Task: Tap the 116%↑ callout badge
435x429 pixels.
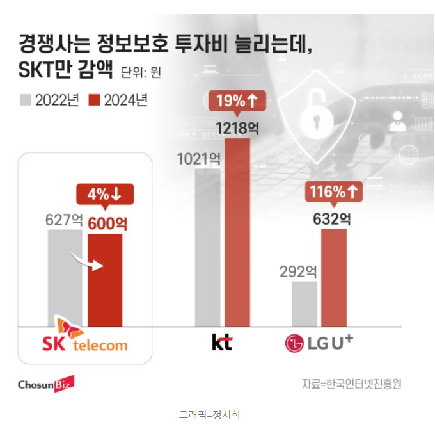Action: pyautogui.click(x=333, y=191)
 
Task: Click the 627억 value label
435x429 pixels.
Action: pyautogui.click(x=64, y=220)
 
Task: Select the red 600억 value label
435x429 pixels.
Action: pyautogui.click(x=104, y=223)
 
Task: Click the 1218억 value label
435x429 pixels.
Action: pyautogui.click(x=237, y=127)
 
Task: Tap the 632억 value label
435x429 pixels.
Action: pyautogui.click(x=331, y=219)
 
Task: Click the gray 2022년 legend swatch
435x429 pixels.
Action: pyautogui.click(x=26, y=101)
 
